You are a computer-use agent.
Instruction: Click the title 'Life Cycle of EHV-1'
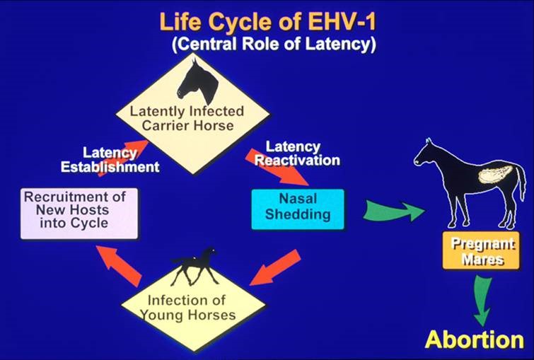click(x=267, y=22)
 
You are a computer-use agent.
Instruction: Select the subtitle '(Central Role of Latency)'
click(x=274, y=44)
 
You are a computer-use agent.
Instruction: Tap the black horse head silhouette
click(x=198, y=81)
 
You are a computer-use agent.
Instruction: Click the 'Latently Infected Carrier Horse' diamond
click(x=193, y=114)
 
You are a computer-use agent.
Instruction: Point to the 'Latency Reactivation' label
click(x=297, y=153)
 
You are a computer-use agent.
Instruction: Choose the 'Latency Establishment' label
click(x=110, y=160)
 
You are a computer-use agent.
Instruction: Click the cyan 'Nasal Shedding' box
click(x=298, y=209)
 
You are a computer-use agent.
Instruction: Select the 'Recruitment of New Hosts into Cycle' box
click(x=79, y=214)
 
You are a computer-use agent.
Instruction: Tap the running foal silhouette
click(x=195, y=267)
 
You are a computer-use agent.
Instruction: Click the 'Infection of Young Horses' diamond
click(x=193, y=306)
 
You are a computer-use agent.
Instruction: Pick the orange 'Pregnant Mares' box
click(x=481, y=250)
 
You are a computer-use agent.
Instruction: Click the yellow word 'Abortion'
click(x=475, y=339)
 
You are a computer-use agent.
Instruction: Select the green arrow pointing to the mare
click(x=393, y=211)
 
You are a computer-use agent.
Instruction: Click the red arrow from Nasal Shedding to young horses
click(x=276, y=267)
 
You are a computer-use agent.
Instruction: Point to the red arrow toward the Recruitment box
click(x=120, y=265)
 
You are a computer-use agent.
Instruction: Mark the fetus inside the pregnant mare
click(x=496, y=174)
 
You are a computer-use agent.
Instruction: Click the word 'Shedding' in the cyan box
click(x=298, y=214)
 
